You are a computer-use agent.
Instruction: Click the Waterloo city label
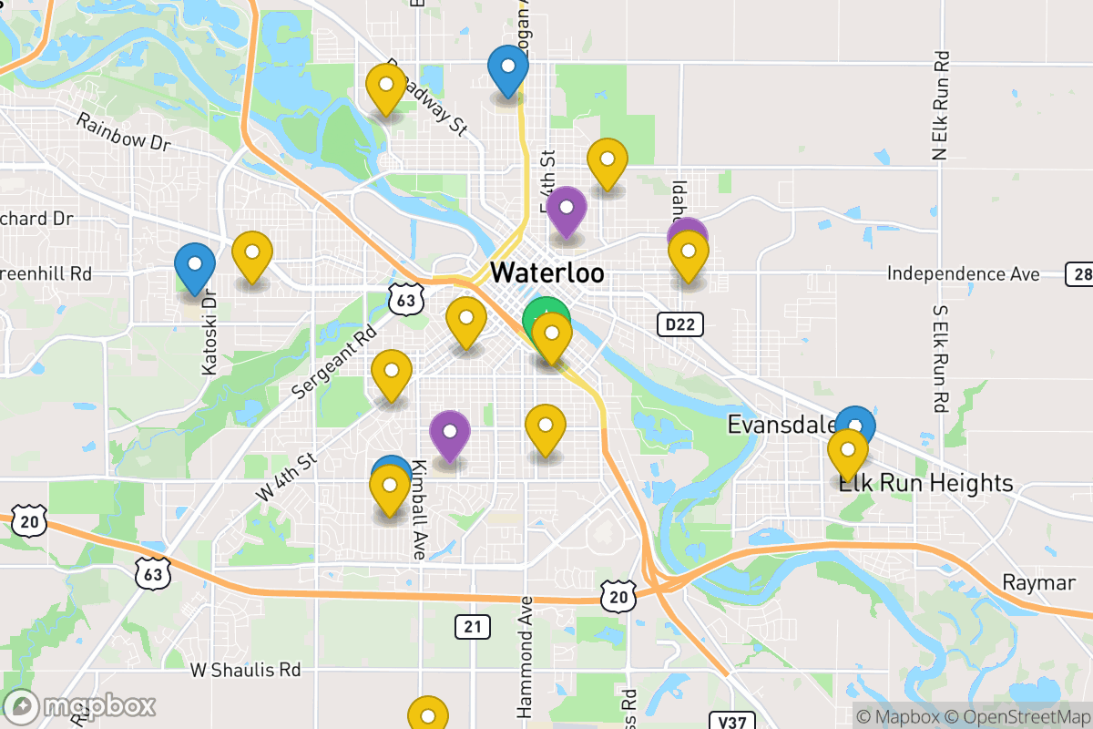[546, 272]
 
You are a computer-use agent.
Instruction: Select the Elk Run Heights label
[925, 483]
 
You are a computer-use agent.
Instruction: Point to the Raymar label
[1038, 583]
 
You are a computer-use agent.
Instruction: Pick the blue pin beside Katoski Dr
[195, 265]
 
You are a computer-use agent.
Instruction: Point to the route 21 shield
[472, 626]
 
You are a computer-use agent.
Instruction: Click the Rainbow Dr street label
[123, 132]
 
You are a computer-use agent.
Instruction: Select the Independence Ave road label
[963, 273]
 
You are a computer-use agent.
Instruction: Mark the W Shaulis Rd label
[245, 670]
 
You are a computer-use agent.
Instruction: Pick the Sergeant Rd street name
[334, 362]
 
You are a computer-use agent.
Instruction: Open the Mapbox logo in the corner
[80, 706]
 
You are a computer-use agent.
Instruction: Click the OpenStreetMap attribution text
[1016, 717]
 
